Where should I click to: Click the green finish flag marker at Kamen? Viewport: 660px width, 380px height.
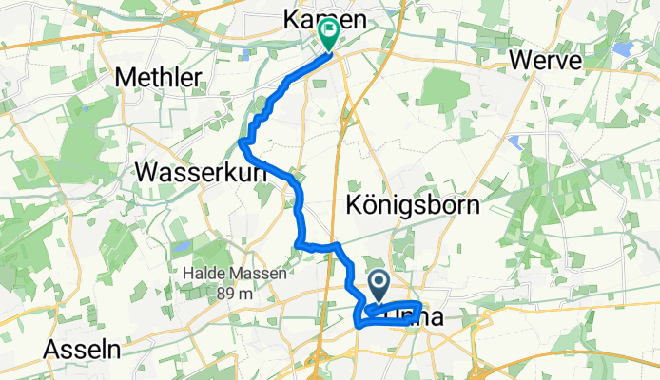point(328,35)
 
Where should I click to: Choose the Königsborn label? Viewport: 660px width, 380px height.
point(412,205)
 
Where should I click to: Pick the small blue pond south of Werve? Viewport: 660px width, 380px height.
point(514,142)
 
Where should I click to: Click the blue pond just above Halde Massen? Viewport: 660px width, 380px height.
point(180,247)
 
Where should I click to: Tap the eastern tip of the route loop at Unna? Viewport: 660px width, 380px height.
point(418,308)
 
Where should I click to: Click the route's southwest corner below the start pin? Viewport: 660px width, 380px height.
point(359,325)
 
